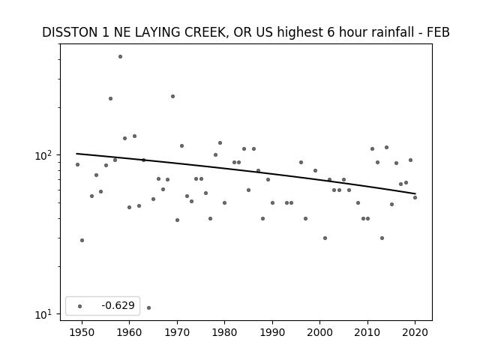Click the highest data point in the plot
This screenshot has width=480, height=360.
120,57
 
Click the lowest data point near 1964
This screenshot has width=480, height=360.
148,307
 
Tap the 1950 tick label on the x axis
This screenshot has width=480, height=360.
82,332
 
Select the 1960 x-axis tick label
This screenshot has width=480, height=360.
129,332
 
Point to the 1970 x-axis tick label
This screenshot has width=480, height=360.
177,332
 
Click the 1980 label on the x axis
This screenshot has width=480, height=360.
224,332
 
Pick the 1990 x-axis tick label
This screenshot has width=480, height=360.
272,332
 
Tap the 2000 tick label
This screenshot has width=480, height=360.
319,332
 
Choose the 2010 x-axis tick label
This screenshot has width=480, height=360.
367,332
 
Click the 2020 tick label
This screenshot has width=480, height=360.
415,332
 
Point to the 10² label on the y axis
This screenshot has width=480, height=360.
46,155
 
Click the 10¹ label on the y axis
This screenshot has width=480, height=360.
46,314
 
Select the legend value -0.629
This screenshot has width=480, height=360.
118,305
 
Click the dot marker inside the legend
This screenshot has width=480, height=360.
80,306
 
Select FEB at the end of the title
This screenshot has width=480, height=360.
439,32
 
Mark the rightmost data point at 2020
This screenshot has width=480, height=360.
415,197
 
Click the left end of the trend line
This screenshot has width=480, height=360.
76,153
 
